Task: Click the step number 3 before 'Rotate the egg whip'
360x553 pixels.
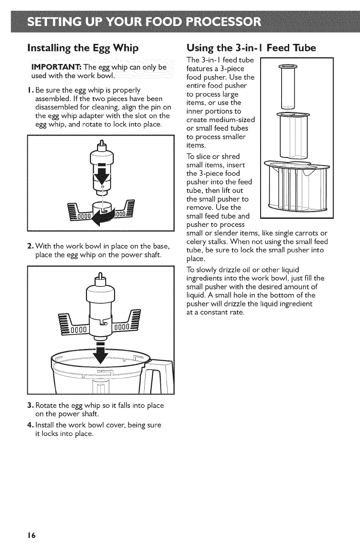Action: point(30,405)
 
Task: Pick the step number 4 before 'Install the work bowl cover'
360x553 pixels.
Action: point(30,423)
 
